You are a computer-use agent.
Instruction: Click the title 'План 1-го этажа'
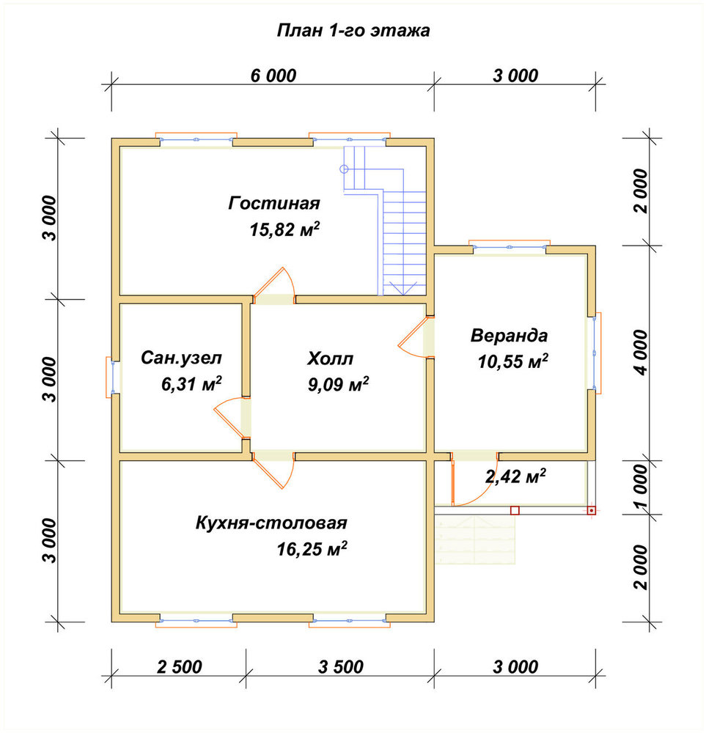[353, 30]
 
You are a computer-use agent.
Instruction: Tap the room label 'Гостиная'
[274, 203]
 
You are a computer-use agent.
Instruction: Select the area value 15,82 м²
[284, 229]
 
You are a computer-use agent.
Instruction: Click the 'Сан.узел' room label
[181, 358]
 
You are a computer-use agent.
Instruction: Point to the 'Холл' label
[330, 358]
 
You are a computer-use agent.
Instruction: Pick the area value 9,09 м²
[337, 384]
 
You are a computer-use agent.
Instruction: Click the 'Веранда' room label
[509, 335]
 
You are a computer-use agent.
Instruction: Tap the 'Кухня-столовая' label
[271, 523]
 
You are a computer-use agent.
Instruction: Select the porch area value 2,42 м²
[515, 476]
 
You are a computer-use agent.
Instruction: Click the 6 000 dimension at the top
[273, 75]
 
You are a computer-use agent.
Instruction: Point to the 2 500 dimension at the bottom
[179, 666]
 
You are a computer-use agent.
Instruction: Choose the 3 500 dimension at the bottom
[340, 666]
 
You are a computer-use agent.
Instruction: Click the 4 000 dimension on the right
[641, 353]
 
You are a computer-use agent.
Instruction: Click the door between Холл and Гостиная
[274, 286]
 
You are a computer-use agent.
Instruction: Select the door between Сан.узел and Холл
[232, 418]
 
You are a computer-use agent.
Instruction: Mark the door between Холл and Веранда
[416, 337]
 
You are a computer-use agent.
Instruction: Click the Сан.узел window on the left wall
[111, 377]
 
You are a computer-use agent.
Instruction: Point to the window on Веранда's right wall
[595, 351]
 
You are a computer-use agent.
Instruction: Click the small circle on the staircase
[344, 169]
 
